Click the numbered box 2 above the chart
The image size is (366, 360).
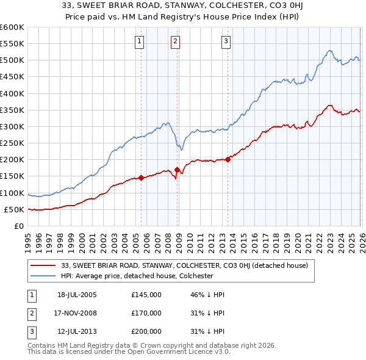(175, 41)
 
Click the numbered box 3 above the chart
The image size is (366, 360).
(226, 41)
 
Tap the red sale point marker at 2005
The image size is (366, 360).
(141, 178)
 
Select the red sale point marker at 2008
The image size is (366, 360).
(177, 170)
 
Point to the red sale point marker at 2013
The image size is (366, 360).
(228, 160)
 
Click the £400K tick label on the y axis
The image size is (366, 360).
(12, 93)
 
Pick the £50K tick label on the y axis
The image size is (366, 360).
(15, 209)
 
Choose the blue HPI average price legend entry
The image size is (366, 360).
(137, 276)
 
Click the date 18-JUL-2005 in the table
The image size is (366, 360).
(77, 295)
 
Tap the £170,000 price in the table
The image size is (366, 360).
(146, 313)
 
